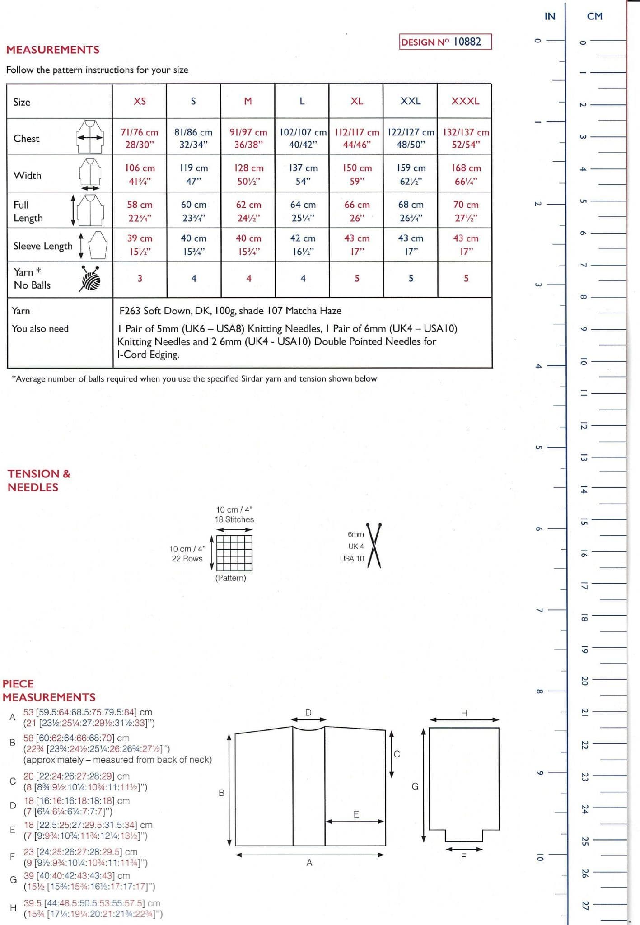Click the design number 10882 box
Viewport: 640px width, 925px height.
(x=445, y=42)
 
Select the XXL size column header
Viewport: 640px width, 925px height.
(x=410, y=101)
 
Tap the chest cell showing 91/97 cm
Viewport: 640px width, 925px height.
(x=248, y=138)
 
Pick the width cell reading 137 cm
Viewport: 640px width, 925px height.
(x=303, y=174)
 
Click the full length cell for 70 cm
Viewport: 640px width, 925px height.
(x=466, y=211)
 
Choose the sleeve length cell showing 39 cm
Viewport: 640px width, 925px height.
(x=140, y=245)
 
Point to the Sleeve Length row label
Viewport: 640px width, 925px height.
(x=43, y=246)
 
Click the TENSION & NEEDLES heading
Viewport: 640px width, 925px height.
(x=39, y=480)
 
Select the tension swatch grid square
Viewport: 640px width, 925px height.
(x=234, y=553)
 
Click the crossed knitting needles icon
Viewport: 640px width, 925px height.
(x=374, y=545)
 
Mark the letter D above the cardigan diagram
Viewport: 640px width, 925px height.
(x=308, y=712)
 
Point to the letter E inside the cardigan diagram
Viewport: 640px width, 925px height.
(x=356, y=814)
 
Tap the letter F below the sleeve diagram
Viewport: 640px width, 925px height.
(x=463, y=857)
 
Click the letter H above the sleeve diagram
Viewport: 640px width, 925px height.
(x=464, y=713)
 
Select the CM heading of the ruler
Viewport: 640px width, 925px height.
(x=594, y=16)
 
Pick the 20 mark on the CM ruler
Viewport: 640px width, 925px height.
(x=584, y=681)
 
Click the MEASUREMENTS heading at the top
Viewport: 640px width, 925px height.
(x=53, y=50)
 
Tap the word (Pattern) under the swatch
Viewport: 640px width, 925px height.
(x=230, y=578)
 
